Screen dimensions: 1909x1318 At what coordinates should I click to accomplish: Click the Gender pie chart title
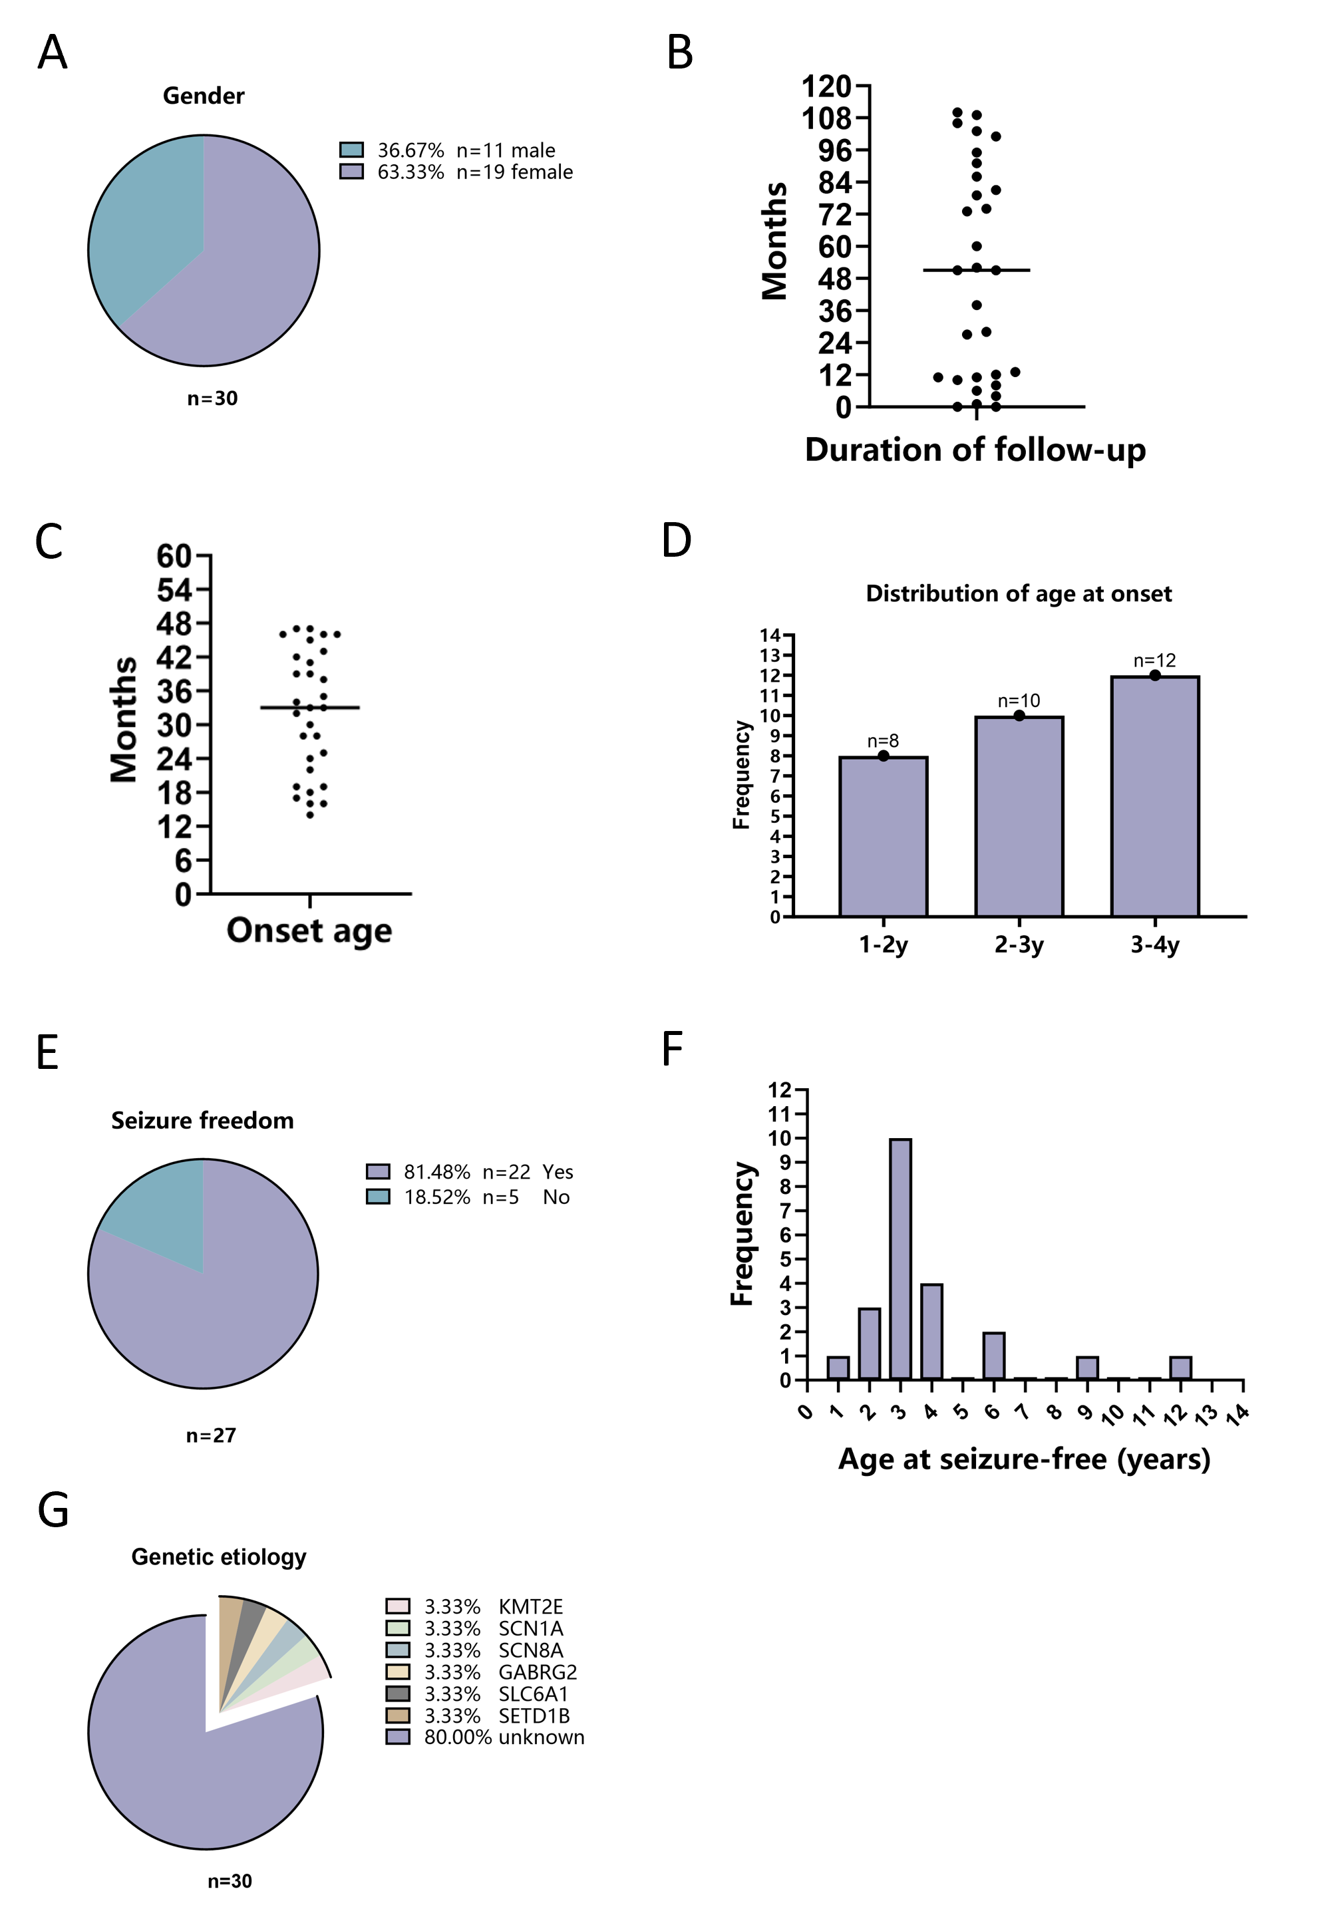coord(203,96)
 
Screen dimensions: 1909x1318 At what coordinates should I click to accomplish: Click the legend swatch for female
coord(352,172)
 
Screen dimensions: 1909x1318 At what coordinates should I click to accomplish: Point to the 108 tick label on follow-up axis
coord(826,119)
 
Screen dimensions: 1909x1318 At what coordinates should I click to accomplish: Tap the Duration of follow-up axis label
coord(975,450)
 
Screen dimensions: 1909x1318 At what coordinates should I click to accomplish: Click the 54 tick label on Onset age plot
coord(174,591)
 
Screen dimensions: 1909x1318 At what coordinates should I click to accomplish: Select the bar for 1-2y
coord(883,835)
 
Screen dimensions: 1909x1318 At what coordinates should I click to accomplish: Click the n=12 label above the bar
coord(1154,661)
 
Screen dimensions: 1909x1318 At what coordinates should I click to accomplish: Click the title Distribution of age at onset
coord(1018,594)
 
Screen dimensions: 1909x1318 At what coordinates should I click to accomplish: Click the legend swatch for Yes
coord(378,1171)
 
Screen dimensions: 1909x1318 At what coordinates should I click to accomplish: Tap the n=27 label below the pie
coord(212,1436)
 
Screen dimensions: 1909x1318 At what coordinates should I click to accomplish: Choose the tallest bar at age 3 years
coord(900,1259)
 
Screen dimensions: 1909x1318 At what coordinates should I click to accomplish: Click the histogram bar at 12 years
coord(1180,1368)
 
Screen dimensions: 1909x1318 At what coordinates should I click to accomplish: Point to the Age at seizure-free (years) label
coord(1024,1459)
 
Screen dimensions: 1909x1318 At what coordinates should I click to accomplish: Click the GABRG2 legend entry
coord(537,1672)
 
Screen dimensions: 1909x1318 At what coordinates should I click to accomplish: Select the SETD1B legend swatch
coord(398,1716)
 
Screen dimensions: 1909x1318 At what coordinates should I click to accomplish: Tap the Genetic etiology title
coord(219,1557)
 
